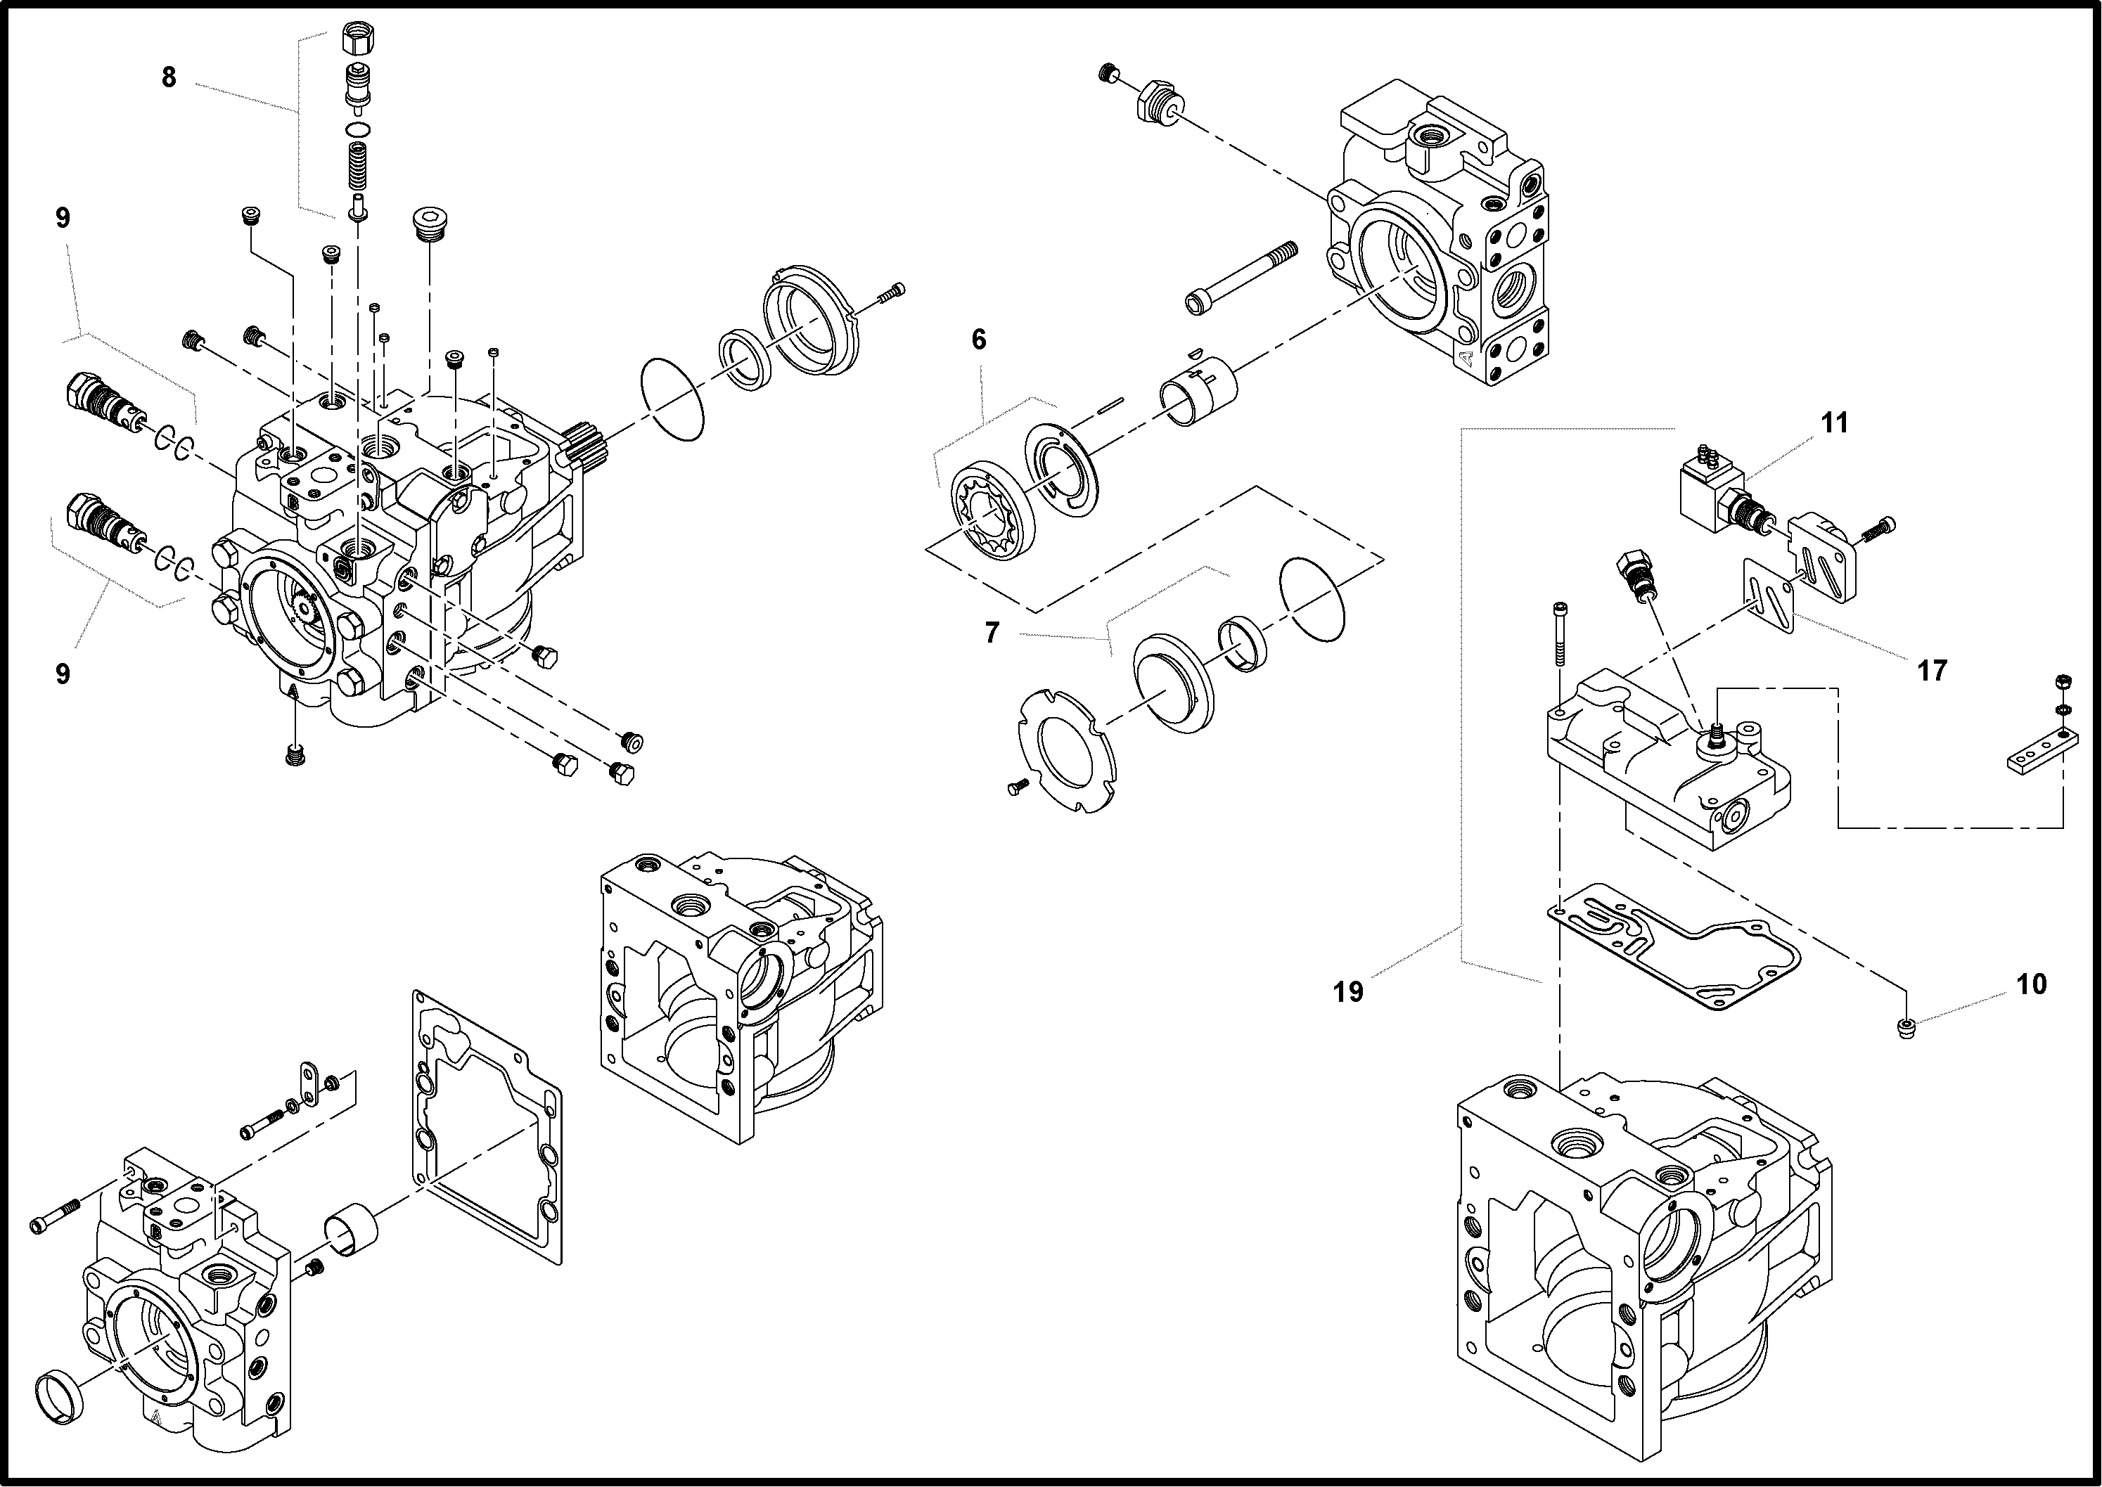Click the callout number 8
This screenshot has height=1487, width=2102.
(x=169, y=78)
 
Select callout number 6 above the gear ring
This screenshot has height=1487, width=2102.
(x=978, y=340)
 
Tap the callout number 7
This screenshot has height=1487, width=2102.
(x=992, y=633)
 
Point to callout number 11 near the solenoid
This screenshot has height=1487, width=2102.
(x=1833, y=423)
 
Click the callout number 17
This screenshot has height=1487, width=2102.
(x=1932, y=671)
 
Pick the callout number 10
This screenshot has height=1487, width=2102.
(x=2030, y=984)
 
